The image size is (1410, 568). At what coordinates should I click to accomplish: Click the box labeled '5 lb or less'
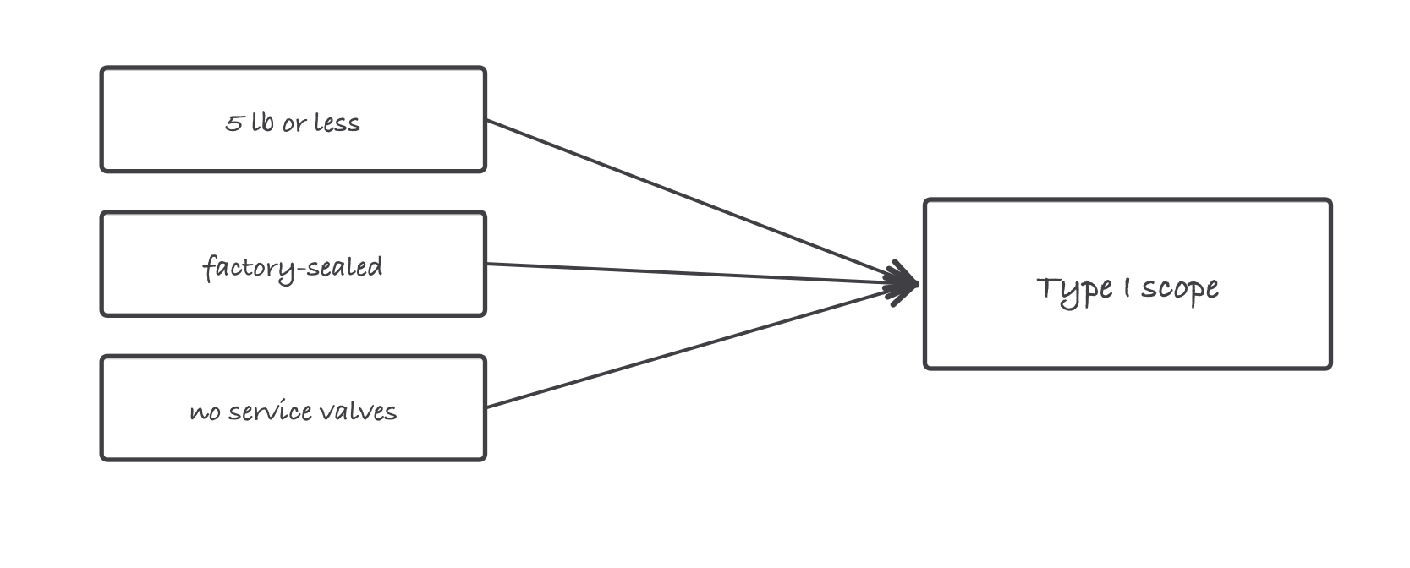coord(294,119)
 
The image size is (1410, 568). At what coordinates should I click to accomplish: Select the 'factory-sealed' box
coord(294,264)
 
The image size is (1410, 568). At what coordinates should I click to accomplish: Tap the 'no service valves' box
coord(294,408)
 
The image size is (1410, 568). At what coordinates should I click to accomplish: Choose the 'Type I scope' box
coord(1127,284)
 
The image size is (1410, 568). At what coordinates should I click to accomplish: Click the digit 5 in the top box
coord(233,123)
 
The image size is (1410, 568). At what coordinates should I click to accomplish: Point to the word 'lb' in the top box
coord(262,122)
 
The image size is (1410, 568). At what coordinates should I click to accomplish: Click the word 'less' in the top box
coord(337,122)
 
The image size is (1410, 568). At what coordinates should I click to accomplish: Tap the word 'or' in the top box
coord(294,125)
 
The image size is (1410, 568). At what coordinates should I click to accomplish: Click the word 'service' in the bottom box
coord(271,411)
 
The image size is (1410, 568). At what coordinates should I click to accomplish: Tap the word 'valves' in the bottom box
coord(358,411)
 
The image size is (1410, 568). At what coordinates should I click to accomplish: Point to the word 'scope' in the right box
coord(1180,291)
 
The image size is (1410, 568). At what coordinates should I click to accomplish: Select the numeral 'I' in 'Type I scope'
coord(1127,287)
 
